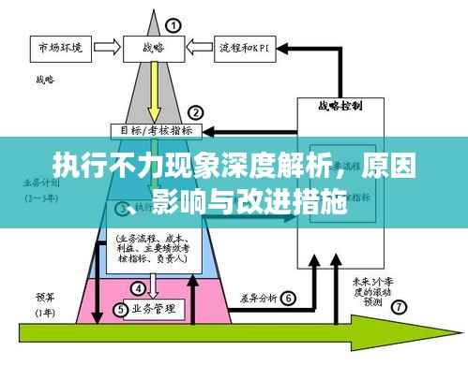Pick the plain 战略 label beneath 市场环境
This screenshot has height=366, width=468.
43,81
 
